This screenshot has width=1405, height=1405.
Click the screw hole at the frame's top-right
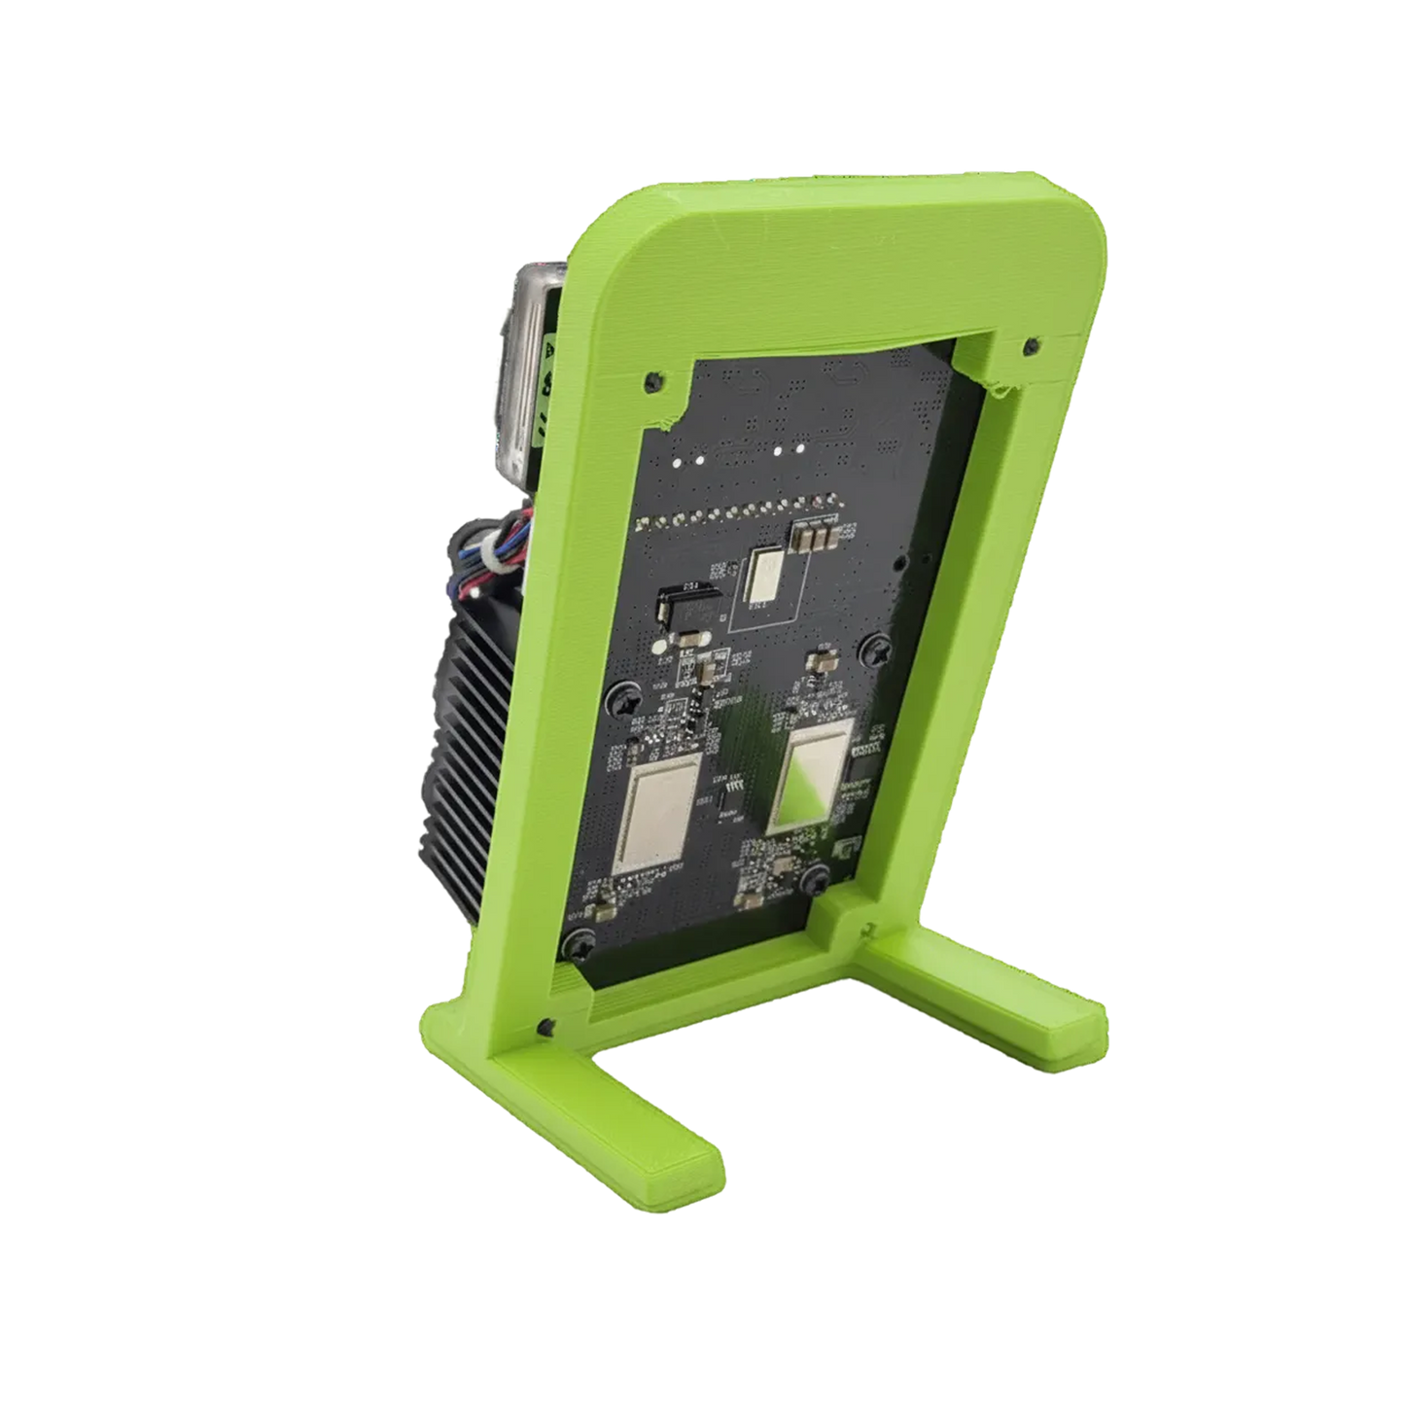click(x=1031, y=345)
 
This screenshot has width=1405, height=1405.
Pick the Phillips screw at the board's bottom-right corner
click(x=815, y=880)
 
